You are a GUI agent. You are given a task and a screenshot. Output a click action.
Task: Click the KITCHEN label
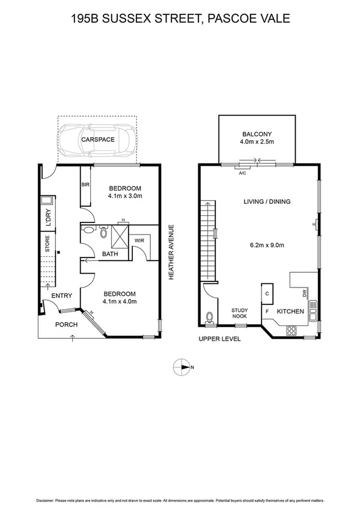(290, 312)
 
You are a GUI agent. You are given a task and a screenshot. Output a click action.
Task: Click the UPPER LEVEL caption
(219, 339)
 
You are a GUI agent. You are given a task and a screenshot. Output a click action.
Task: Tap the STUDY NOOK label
(240, 313)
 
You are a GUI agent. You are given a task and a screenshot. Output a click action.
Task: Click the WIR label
(139, 241)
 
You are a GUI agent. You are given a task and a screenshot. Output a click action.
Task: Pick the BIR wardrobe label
(85, 185)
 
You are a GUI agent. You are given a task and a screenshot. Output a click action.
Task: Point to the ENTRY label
(61, 295)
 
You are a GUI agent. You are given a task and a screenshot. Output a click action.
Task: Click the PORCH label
(66, 324)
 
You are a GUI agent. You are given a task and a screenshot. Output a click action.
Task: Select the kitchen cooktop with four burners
(291, 330)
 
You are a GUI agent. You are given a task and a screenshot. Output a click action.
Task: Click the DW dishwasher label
(305, 293)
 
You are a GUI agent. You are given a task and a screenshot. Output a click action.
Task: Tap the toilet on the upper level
(209, 317)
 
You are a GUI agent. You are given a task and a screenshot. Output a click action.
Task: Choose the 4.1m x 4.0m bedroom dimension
(121, 301)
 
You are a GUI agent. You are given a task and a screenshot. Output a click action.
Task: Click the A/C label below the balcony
(243, 173)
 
